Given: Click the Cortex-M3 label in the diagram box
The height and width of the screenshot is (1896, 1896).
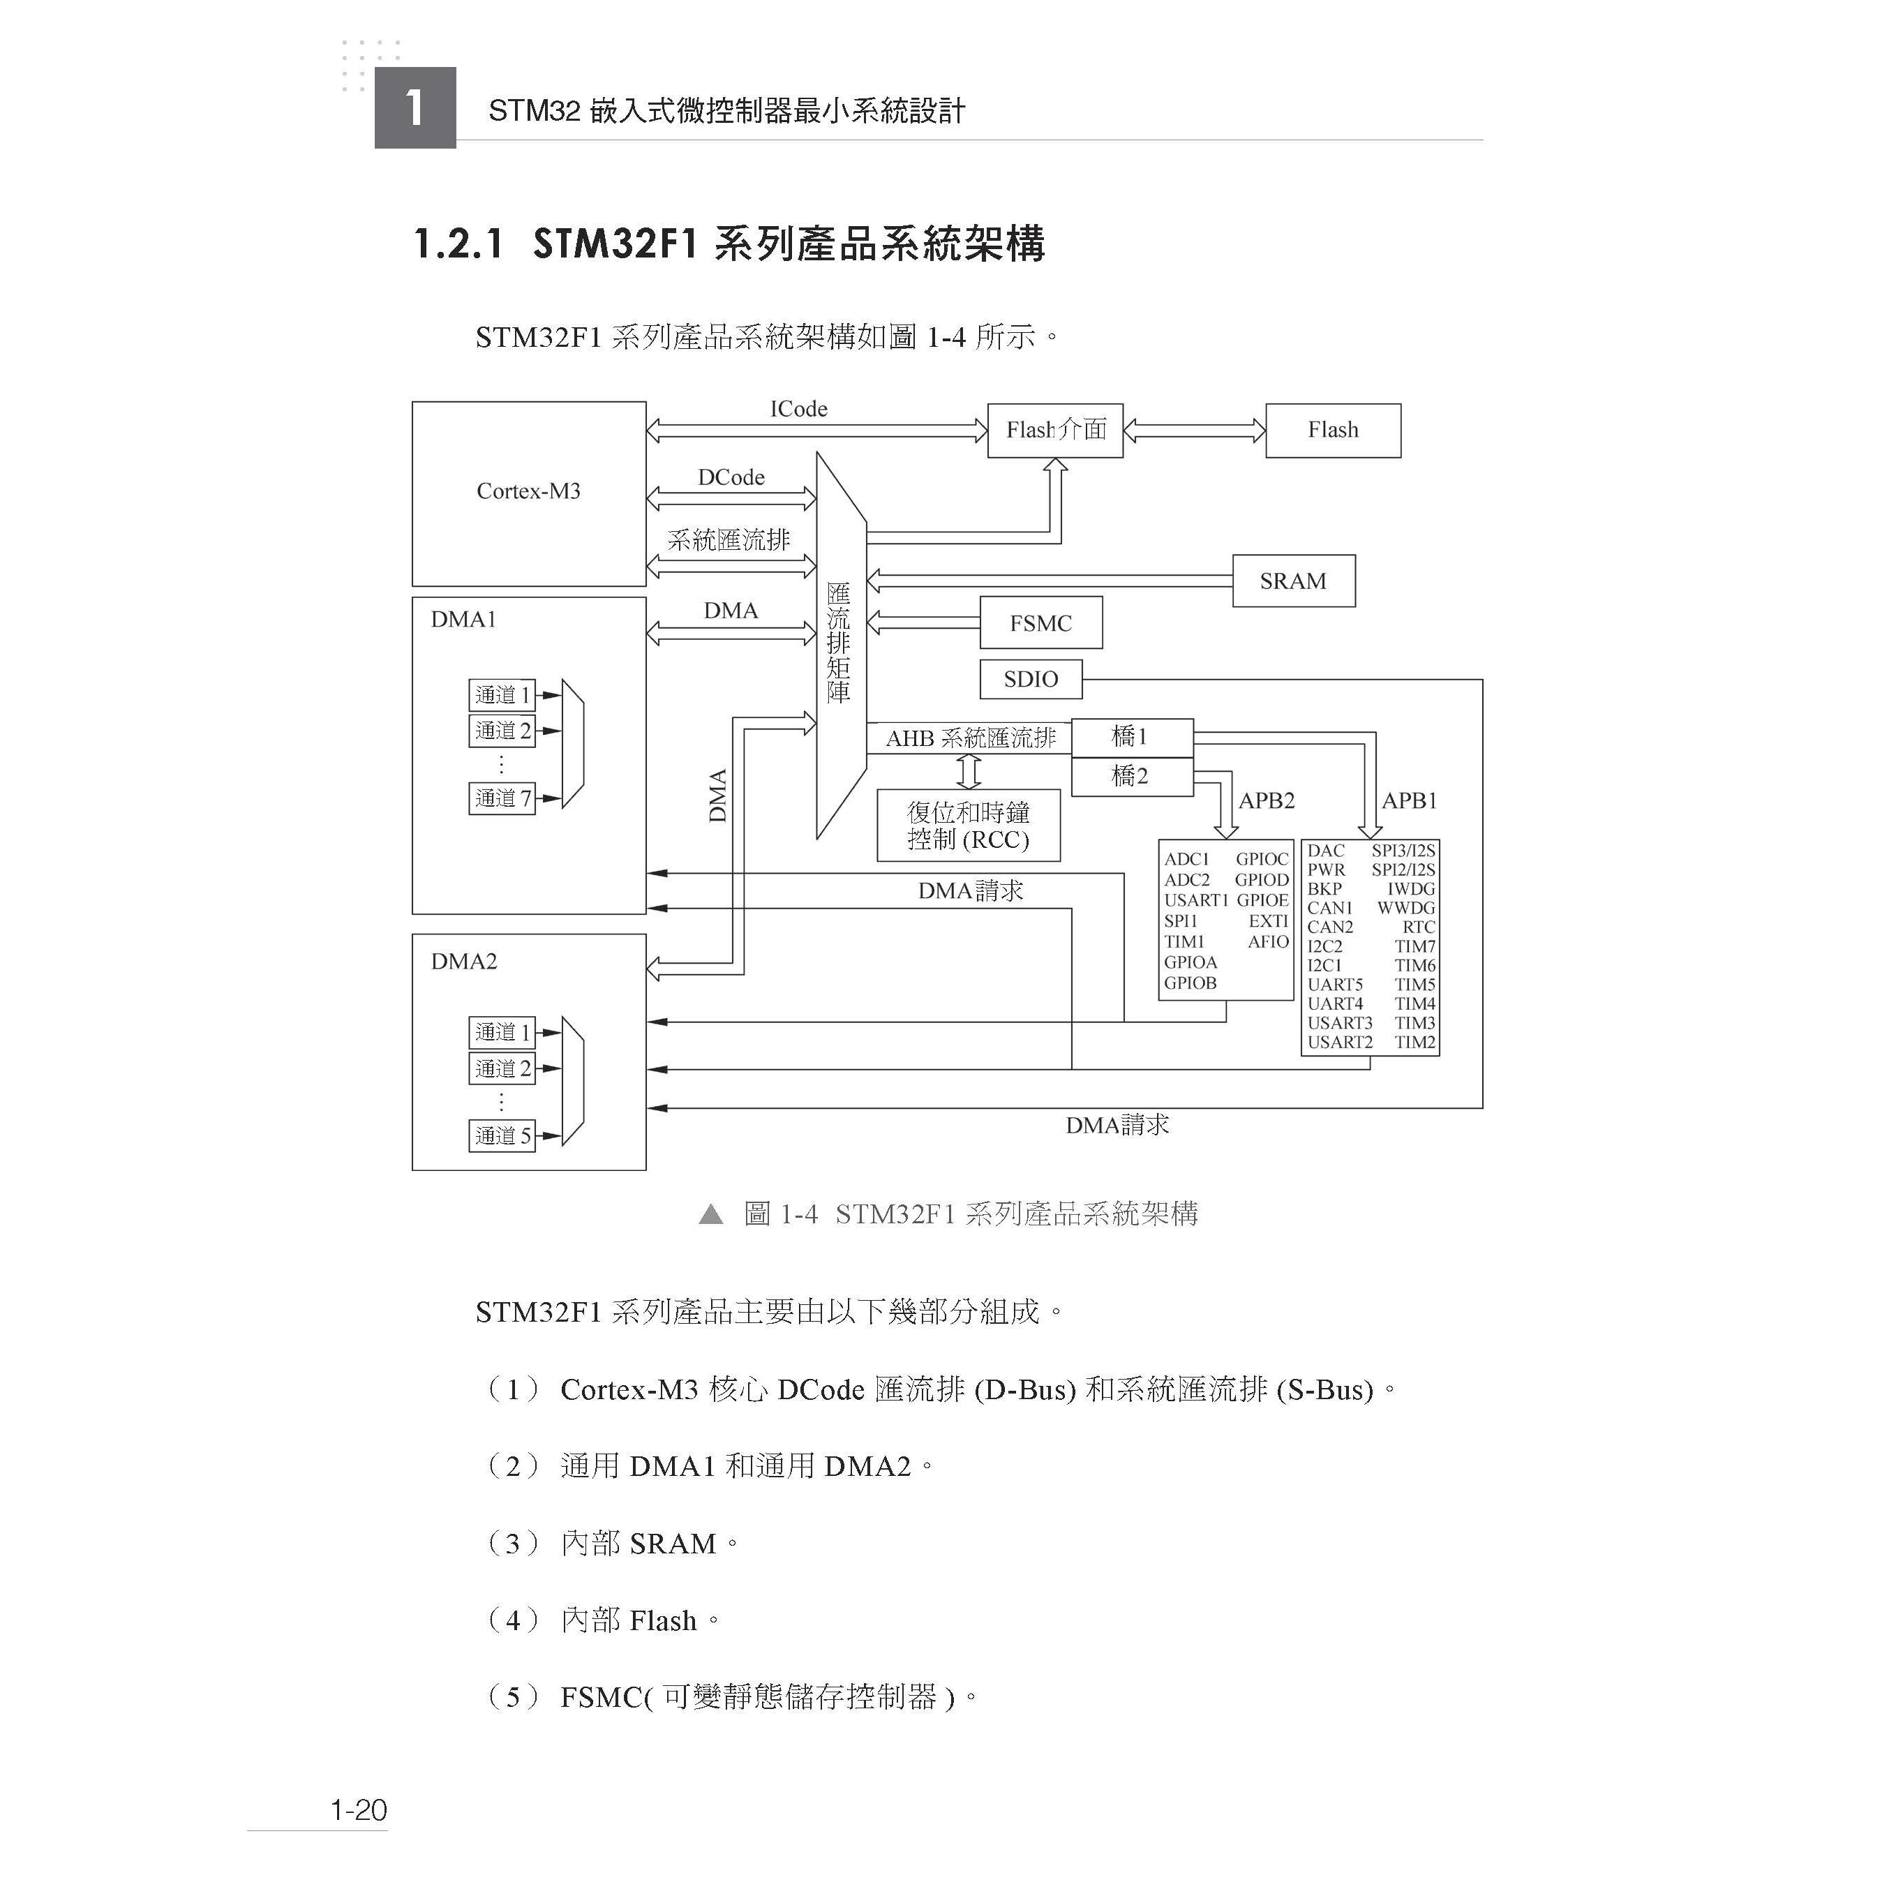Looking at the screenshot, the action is [528, 491].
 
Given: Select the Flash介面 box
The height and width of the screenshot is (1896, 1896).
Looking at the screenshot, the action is [1055, 430].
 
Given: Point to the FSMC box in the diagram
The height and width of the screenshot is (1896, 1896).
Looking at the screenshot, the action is [1040, 623].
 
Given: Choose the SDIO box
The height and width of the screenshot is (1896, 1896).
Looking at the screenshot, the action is [1031, 679].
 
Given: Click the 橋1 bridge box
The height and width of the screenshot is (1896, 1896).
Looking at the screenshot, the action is [1130, 737].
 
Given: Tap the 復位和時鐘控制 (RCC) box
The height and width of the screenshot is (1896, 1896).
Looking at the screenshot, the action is [968, 826].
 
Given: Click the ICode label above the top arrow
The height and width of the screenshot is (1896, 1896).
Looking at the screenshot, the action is [798, 409].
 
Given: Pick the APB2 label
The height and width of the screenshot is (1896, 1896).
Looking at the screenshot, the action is [1266, 801].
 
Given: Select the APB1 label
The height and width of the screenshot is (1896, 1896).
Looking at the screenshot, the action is [1409, 801].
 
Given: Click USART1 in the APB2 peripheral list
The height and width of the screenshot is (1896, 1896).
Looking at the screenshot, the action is [1195, 901].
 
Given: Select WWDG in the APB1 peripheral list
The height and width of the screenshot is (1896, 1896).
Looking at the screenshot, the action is [1405, 909].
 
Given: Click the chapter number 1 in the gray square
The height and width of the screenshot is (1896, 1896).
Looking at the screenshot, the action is [415, 108].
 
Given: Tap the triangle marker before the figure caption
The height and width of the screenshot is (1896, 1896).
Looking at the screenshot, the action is [710, 1216].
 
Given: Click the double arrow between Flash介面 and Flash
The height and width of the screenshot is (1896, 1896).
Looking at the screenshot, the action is [1193, 430].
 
